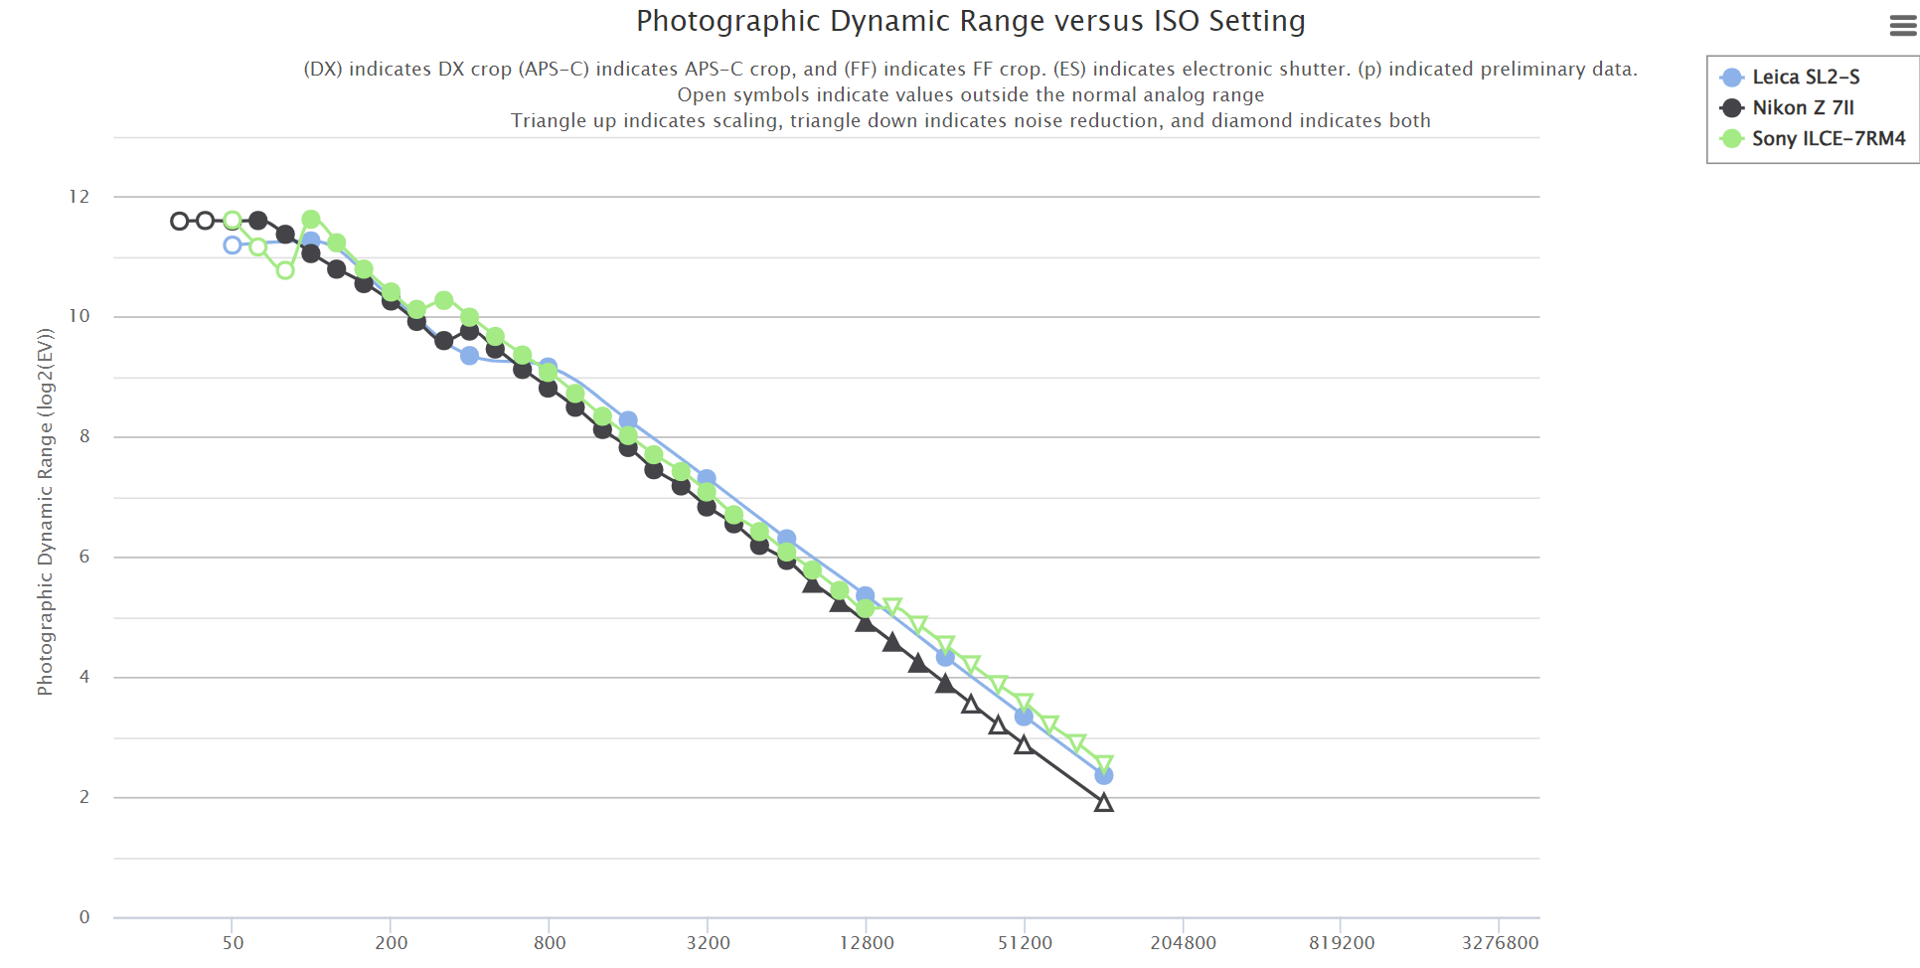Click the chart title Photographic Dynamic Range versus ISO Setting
970,21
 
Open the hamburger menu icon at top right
1902,26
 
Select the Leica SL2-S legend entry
1805,78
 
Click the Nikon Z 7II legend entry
1802,108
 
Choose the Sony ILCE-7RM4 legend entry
1828,139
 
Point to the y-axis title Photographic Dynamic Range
45,512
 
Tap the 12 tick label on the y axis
79,197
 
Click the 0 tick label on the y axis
84,917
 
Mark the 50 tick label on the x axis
233,943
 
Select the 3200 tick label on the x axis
708,943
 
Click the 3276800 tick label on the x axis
1499,943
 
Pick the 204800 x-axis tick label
1183,943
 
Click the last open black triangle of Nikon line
1103,803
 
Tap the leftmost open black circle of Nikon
179,221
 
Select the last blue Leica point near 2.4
1103,775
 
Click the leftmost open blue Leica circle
233,245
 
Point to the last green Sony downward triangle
1103,764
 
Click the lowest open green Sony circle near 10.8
285,270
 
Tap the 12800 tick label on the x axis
866,943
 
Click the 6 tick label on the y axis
84,557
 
